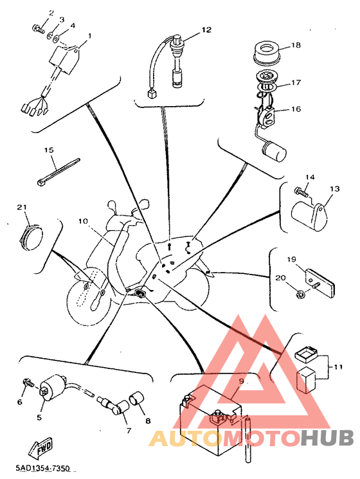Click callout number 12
[206, 30]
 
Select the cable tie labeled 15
[58, 172]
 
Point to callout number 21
[22, 207]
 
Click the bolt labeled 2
[37, 29]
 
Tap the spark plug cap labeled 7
[117, 408]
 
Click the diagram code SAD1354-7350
[43, 467]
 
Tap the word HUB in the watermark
[327, 438]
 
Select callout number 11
[337, 366]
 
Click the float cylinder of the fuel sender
[274, 151]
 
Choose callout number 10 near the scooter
[83, 221]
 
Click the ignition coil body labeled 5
[52, 386]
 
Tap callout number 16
[296, 109]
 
